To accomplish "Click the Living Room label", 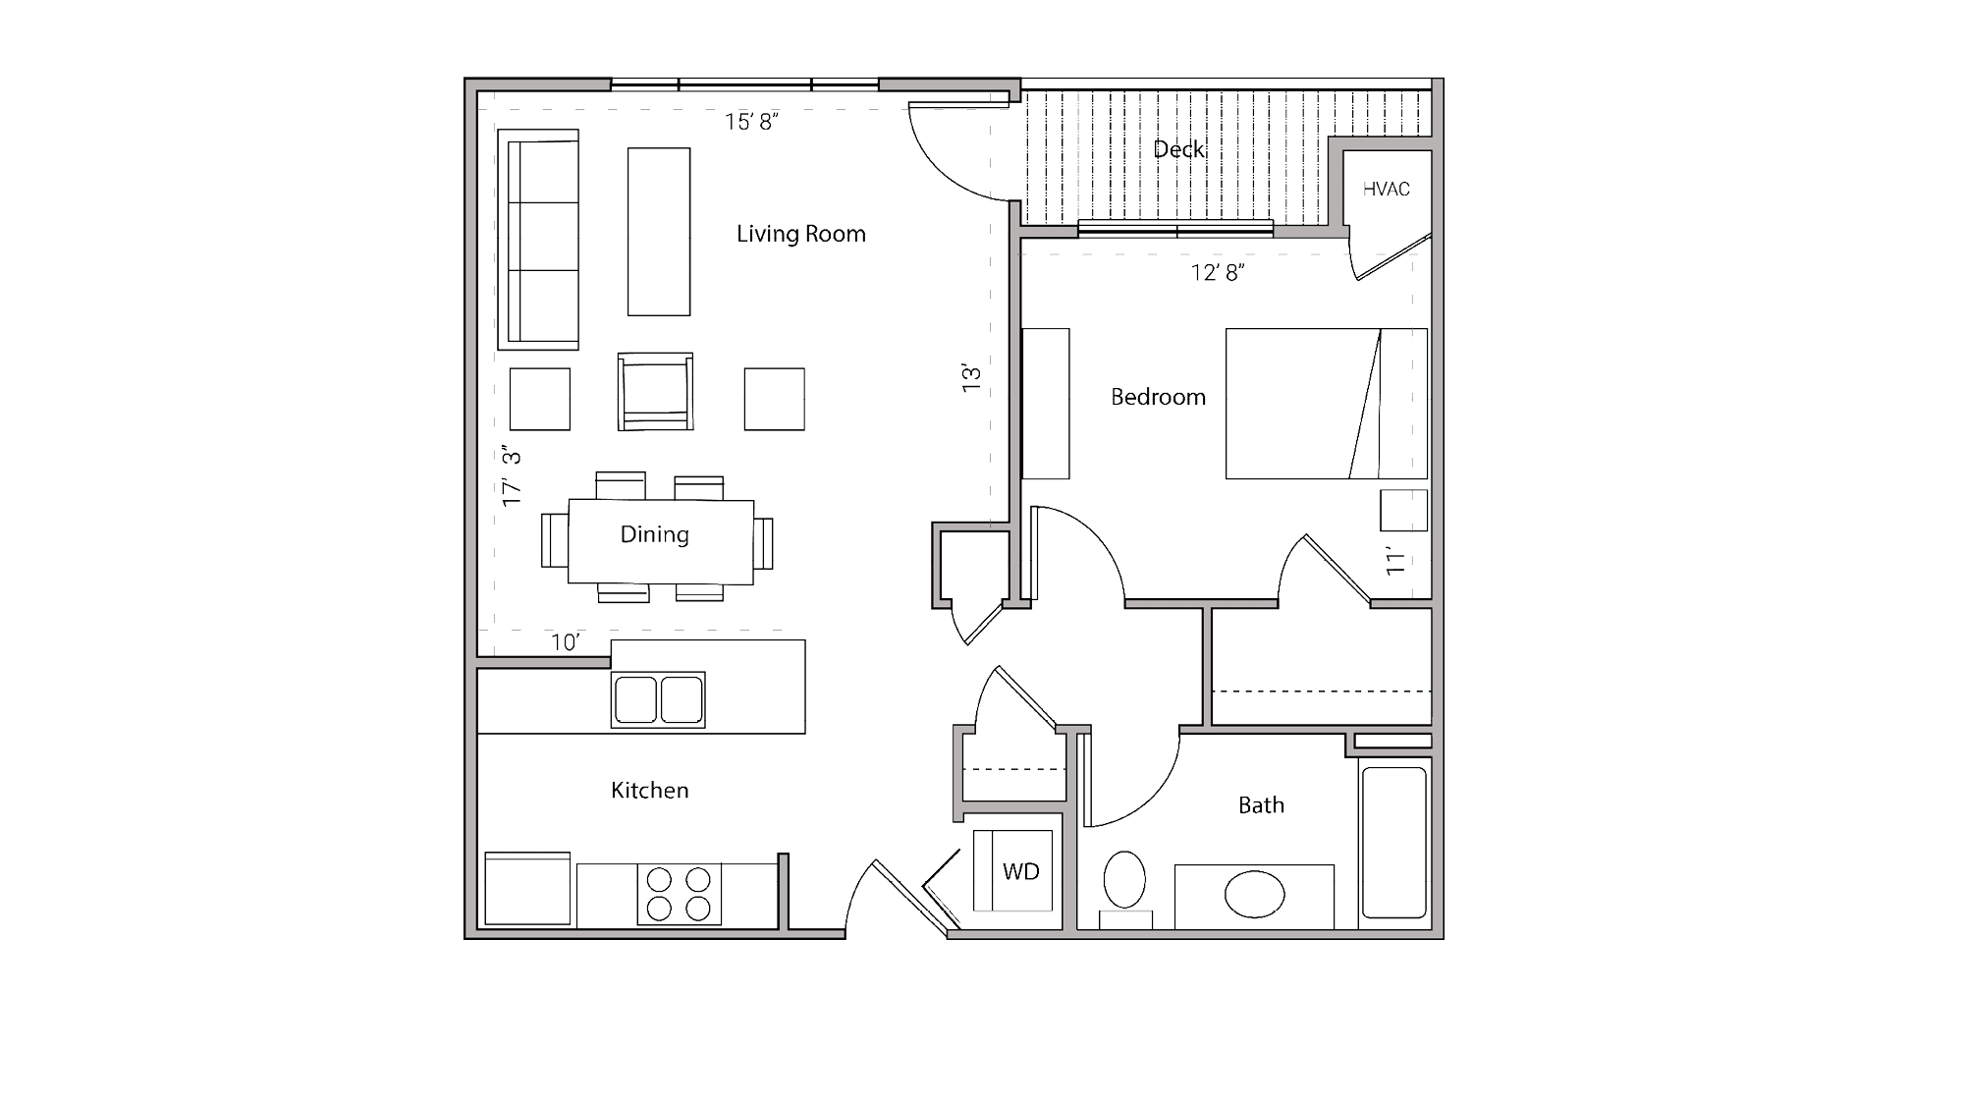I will [800, 234].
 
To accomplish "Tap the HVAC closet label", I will [1386, 189].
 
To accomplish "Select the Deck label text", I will [1178, 149].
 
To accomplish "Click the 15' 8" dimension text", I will [751, 122].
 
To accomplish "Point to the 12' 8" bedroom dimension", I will [1218, 273].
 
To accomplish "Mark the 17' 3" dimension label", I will [512, 477].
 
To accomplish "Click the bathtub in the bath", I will [1394, 842].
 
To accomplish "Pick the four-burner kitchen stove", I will [679, 894].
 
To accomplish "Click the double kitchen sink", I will [658, 699].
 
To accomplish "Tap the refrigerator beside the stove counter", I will [527, 889].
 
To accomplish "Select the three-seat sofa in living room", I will [538, 239].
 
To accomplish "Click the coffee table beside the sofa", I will [659, 232].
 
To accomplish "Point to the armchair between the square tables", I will [655, 392].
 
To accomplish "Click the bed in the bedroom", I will [1325, 404].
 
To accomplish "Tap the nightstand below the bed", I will [1403, 511].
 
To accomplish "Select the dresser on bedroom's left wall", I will [1046, 404].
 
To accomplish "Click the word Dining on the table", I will [654, 534].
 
